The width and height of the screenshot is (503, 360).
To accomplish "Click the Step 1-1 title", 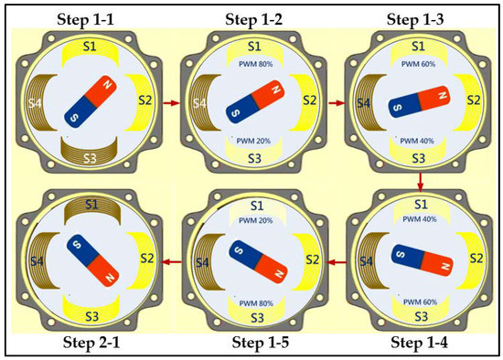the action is (x=85, y=19).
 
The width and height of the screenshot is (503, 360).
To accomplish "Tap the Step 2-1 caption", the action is (x=91, y=343).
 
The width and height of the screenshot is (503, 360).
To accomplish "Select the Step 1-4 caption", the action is (x=419, y=343).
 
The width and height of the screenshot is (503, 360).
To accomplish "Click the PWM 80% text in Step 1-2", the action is (x=256, y=64).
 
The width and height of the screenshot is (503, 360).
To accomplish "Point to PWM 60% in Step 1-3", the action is (x=418, y=64).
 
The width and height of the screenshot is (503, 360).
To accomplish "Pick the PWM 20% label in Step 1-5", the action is (x=256, y=220).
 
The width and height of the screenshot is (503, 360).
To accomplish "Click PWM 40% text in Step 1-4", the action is (x=420, y=219).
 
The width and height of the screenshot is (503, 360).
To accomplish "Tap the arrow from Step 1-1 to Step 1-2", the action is (x=171, y=103).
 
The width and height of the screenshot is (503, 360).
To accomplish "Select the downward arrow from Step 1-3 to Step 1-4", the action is (x=421, y=182).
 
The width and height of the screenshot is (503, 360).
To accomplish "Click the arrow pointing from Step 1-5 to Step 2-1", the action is (x=173, y=262).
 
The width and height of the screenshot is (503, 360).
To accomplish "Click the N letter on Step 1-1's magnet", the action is (x=108, y=85).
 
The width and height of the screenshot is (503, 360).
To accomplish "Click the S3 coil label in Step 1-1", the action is (x=91, y=158).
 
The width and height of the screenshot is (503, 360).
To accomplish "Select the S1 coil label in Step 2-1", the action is (x=92, y=204).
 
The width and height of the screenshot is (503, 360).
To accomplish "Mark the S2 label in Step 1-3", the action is (x=474, y=101).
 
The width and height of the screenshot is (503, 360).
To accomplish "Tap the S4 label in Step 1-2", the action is (x=199, y=103).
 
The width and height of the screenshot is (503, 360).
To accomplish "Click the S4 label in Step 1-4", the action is (x=366, y=261).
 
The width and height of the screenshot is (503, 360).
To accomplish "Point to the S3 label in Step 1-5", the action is (x=257, y=318).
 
